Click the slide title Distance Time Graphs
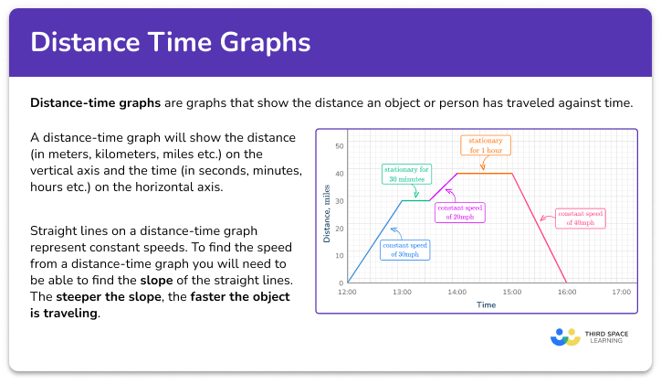coord(171,42)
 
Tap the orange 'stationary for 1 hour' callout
coord(484,145)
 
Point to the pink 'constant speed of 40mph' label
coord(581,218)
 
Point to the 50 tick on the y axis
coord(339,146)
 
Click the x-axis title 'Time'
coord(486,304)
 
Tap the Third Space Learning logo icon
coord(565,337)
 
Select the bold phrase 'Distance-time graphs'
coord(87,102)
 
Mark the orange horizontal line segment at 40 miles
coord(484,174)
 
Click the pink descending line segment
coord(539,228)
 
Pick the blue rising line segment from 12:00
coord(374,241)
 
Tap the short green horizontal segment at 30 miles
coord(415,201)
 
